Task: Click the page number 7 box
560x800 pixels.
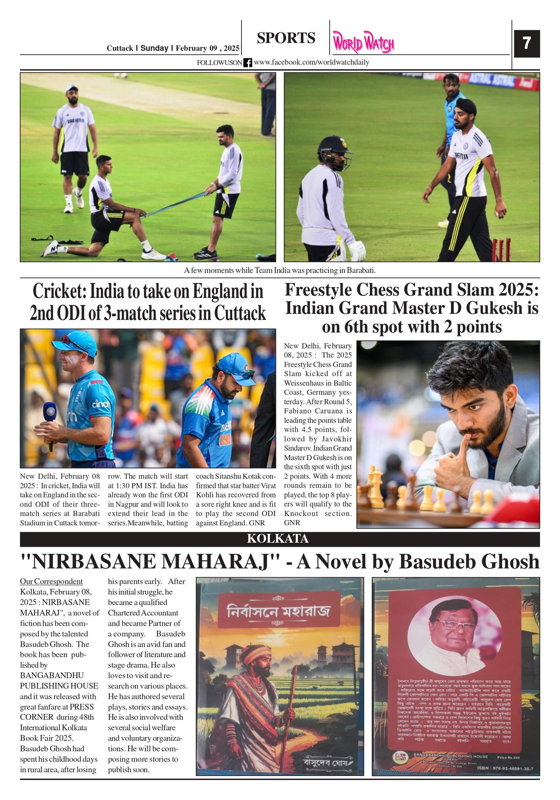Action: (526, 44)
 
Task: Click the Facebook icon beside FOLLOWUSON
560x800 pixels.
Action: (247, 63)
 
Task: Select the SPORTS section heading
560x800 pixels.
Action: (286, 38)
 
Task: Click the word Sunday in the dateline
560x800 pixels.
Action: (154, 48)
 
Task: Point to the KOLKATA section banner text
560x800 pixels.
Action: (278, 539)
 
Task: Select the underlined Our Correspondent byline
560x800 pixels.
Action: (51, 581)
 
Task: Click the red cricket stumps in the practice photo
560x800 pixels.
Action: (501, 249)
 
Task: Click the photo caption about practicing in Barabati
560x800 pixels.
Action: (279, 271)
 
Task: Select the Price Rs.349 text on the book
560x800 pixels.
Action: (508, 757)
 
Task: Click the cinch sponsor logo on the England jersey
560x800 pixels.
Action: (101, 404)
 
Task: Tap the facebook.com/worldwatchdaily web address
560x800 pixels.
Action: (311, 62)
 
